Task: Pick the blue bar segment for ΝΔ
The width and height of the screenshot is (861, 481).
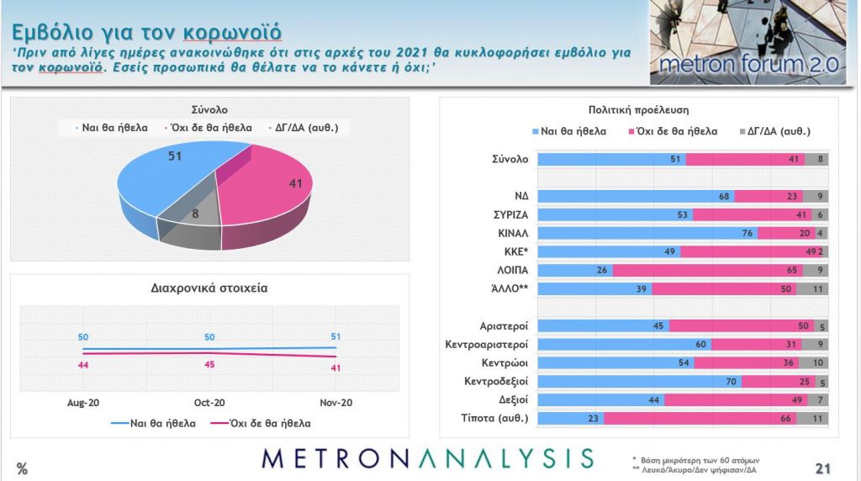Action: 636,196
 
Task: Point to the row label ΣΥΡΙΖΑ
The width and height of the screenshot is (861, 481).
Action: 510,214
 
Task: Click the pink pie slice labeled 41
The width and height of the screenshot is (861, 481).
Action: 269,189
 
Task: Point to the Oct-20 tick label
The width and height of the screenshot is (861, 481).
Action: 209,403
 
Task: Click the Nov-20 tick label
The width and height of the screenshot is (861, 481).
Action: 335,403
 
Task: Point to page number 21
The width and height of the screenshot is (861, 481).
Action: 823,468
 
